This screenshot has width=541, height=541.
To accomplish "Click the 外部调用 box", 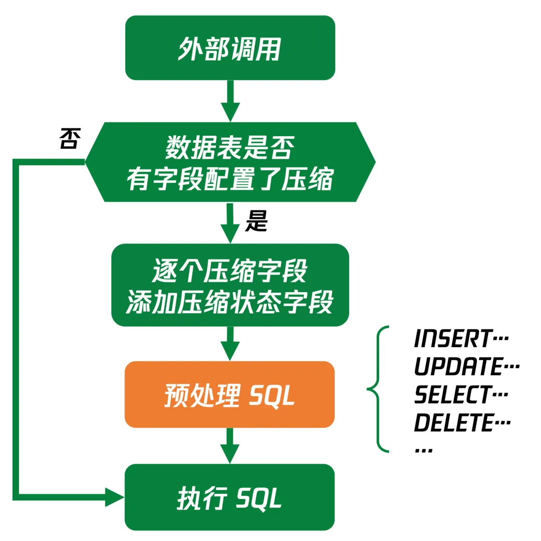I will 230,48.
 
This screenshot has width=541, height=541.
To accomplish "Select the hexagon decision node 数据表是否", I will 230,162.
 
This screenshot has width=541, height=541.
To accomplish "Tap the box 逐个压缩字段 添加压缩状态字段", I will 230,285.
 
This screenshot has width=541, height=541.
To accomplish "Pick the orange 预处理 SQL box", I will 230,394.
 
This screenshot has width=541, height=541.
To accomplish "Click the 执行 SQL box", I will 230,497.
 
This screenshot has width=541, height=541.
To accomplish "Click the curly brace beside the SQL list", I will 379,389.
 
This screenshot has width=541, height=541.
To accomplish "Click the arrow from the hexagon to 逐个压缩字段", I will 230,223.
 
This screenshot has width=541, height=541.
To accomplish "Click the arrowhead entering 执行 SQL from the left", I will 114,496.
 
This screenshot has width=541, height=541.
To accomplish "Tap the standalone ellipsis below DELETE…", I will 424,450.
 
